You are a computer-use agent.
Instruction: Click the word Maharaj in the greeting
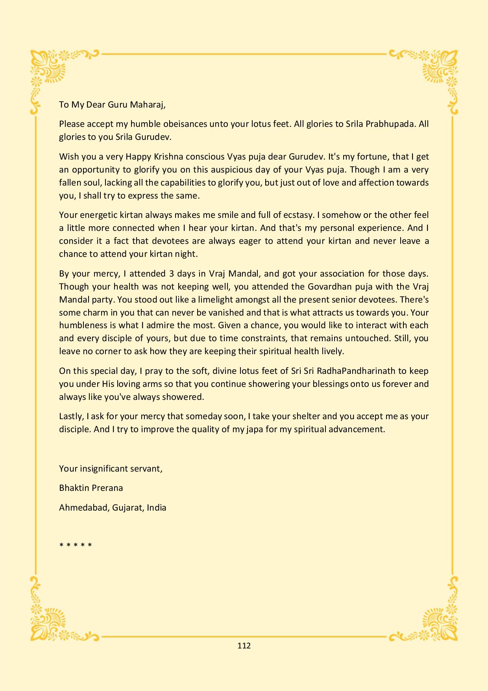point(145,105)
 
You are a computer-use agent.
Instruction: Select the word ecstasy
point(296,215)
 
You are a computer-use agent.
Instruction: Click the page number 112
point(244,646)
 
